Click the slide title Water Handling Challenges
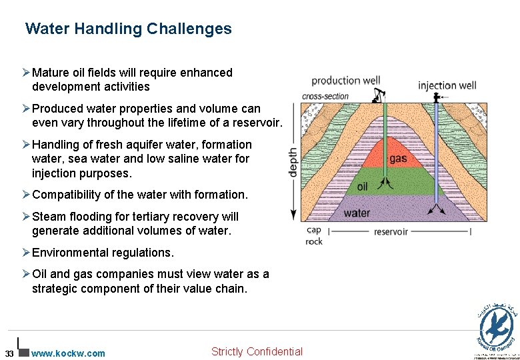point(129,29)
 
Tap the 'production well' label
point(345,81)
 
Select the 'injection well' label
point(447,85)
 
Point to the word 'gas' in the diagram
point(398,159)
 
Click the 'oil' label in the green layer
point(362,187)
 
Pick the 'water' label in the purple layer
point(357,213)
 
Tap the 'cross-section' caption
point(325,96)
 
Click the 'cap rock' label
point(314,235)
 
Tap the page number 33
point(9,353)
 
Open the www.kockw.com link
point(68,353)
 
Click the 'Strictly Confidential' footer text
point(257,351)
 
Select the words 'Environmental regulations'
point(103,253)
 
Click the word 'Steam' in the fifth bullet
point(47,217)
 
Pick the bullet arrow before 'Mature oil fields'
point(26,72)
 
